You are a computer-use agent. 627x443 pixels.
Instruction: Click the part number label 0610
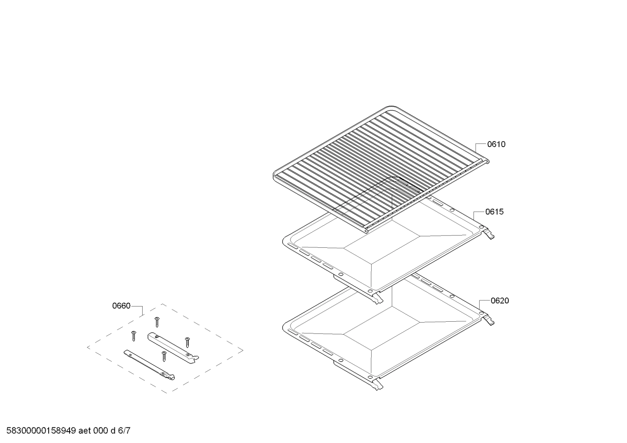(496, 144)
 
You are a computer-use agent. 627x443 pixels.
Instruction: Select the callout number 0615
(494, 212)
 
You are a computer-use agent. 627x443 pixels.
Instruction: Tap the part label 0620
(500, 300)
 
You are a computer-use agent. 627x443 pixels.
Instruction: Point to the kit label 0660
(121, 306)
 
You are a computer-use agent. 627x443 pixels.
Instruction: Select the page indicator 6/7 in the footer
(124, 431)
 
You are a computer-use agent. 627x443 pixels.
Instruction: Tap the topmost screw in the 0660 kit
(157, 322)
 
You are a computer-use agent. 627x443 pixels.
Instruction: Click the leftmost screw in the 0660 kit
(133, 336)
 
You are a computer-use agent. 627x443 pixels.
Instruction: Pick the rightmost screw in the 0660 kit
(187, 342)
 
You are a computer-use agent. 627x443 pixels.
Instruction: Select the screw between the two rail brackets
(164, 356)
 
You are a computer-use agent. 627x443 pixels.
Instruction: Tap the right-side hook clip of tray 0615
(490, 235)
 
